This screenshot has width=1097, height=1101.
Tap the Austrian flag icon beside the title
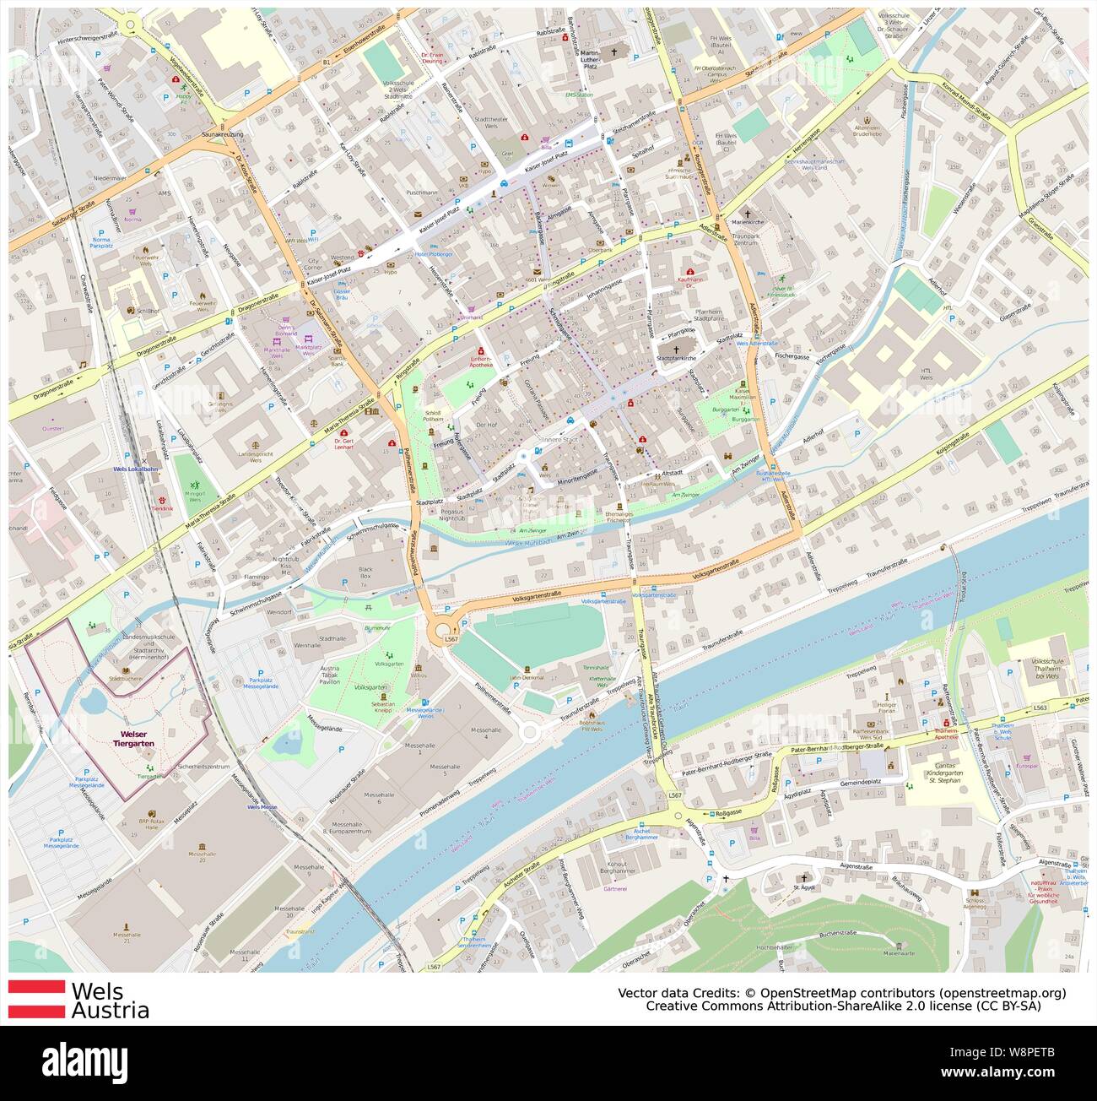36,998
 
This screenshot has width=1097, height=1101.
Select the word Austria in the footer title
111,1010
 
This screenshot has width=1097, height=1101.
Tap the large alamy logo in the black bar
91,1058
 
